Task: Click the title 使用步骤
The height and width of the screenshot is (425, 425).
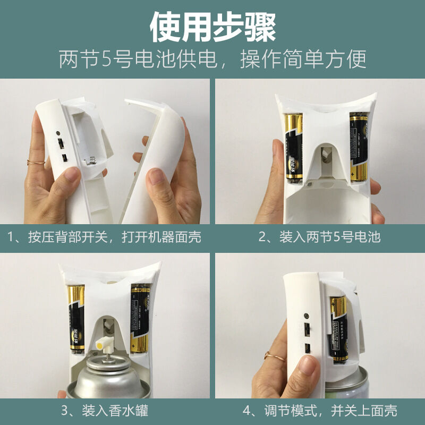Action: (x=212, y=27)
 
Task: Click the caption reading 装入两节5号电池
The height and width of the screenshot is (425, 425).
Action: (x=319, y=236)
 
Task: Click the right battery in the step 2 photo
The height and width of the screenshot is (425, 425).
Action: (x=358, y=146)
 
